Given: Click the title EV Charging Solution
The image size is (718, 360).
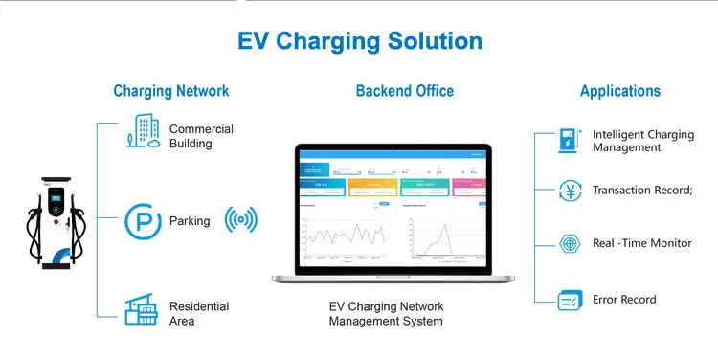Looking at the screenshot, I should (359, 41).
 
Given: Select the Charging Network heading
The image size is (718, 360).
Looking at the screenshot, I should (170, 91).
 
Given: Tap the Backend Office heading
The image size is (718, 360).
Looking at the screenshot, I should (404, 91).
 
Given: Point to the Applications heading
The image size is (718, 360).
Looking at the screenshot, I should (619, 91).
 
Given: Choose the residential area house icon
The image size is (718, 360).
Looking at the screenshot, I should (142, 309).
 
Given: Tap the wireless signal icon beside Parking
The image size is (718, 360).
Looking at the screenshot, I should (241, 220).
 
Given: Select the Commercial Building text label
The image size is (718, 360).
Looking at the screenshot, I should (201, 136).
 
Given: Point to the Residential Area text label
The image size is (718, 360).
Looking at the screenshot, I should (199, 314).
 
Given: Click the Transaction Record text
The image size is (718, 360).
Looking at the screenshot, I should (641, 191).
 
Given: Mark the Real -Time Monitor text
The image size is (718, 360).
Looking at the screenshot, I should (641, 243).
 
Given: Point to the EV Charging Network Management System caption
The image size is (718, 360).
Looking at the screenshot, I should (386, 314).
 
